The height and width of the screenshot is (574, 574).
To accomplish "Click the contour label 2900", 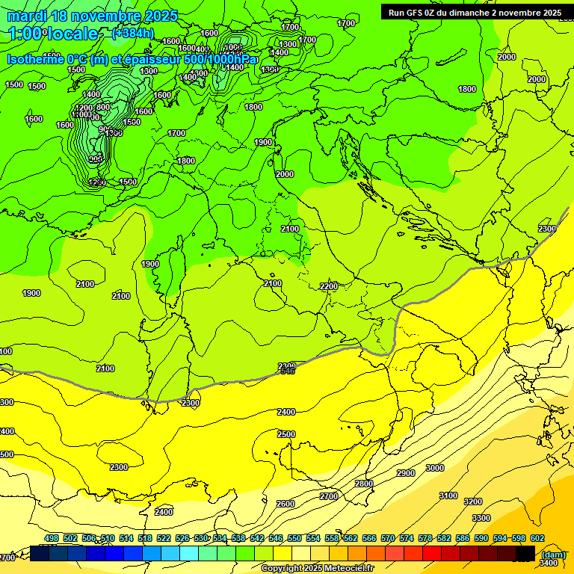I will [x=405, y=473].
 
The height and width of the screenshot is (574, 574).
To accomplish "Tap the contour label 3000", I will [x=434, y=468].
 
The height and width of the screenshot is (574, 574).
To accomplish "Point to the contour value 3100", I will [x=448, y=496].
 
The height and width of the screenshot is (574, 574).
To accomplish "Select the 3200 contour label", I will [x=472, y=502].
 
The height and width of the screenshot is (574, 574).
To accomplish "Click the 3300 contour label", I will [x=481, y=518].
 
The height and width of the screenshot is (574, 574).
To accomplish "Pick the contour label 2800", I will [x=363, y=484].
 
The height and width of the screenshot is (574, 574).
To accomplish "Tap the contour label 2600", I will [x=286, y=504].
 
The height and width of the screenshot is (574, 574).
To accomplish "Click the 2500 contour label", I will [x=286, y=434].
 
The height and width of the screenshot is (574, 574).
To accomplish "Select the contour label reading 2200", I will [x=328, y=287].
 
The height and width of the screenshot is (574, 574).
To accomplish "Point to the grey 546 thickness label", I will [x=287, y=371].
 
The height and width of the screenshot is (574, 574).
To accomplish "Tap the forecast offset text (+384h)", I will [x=132, y=34].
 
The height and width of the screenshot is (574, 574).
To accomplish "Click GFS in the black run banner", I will [x=420, y=13].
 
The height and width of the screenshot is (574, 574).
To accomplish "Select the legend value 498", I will [x=51, y=538].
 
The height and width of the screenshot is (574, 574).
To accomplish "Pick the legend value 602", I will [x=537, y=538].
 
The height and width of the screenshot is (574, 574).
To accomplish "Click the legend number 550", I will [x=294, y=538].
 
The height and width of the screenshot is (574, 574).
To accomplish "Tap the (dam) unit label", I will [x=552, y=555].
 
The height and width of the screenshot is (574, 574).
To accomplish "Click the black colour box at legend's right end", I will [x=525, y=553].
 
